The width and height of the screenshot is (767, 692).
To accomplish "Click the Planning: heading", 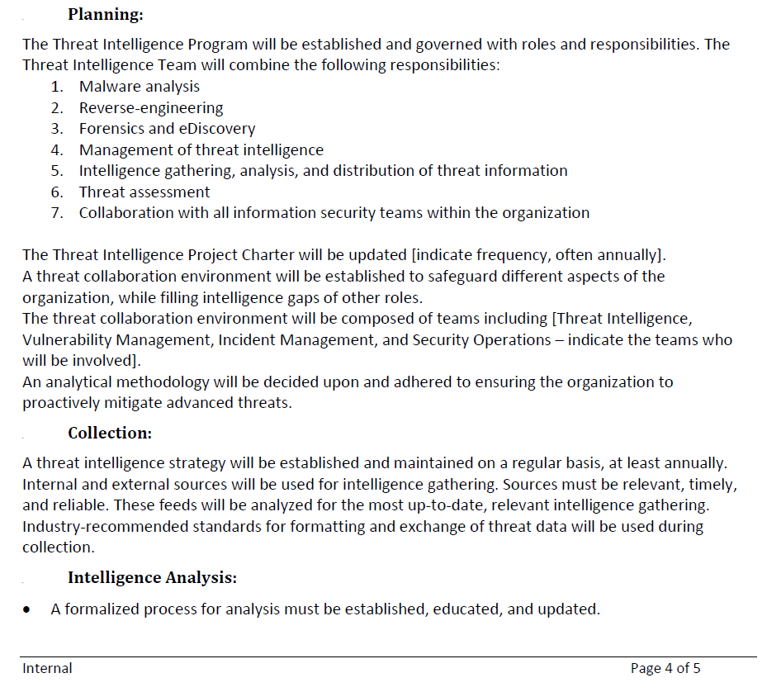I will (105, 14).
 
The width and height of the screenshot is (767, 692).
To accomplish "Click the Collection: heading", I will (110, 433).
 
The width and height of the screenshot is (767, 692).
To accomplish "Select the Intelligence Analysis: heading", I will (153, 577).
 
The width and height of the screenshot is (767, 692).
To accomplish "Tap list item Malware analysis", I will (139, 86).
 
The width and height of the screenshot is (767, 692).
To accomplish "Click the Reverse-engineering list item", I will (151, 107).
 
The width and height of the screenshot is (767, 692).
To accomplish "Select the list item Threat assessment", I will (144, 192).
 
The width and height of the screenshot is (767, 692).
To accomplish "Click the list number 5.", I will (56, 171).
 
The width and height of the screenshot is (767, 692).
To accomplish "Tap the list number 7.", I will (56, 213).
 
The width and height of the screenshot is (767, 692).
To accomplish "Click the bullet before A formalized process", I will (29, 610).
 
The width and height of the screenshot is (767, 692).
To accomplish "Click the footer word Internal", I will (47, 668).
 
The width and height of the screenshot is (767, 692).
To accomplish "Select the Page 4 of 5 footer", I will (665, 668).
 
